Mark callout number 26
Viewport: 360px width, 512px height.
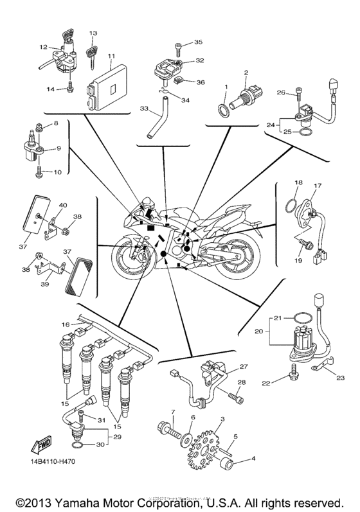pyautogui.click(x=280, y=92)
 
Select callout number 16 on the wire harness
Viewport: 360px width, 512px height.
pyautogui.click(x=64, y=325)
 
